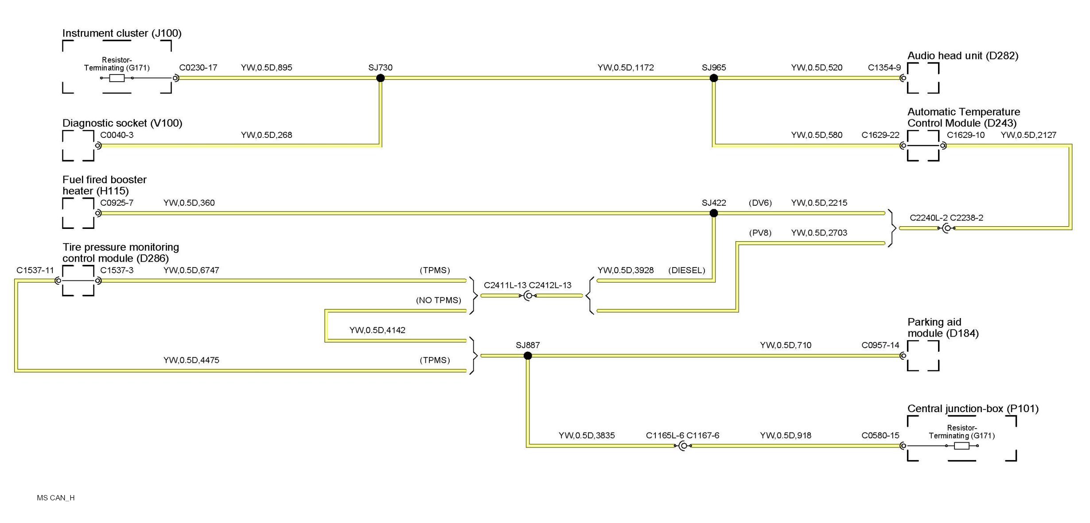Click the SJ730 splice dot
tap(380, 78)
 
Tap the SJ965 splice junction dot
tap(713, 78)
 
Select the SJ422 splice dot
tap(713, 213)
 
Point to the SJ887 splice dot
tap(527, 356)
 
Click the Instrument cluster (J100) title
tap(122, 33)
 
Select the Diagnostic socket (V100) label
tap(122, 123)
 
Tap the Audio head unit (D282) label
tap(962, 56)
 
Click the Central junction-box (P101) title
tap(973, 409)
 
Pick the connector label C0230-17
tap(198, 68)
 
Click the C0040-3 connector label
tap(117, 135)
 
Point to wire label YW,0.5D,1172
tap(625, 68)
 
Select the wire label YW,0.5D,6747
tap(191, 271)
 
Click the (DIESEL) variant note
tap(686, 271)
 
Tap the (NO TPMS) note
tap(438, 300)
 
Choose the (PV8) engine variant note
tap(760, 233)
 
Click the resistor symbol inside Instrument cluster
tap(117, 78)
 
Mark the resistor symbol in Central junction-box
tap(961, 446)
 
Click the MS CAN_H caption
tap(56, 498)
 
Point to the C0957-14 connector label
tap(880, 346)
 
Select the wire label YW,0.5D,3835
tap(586, 436)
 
